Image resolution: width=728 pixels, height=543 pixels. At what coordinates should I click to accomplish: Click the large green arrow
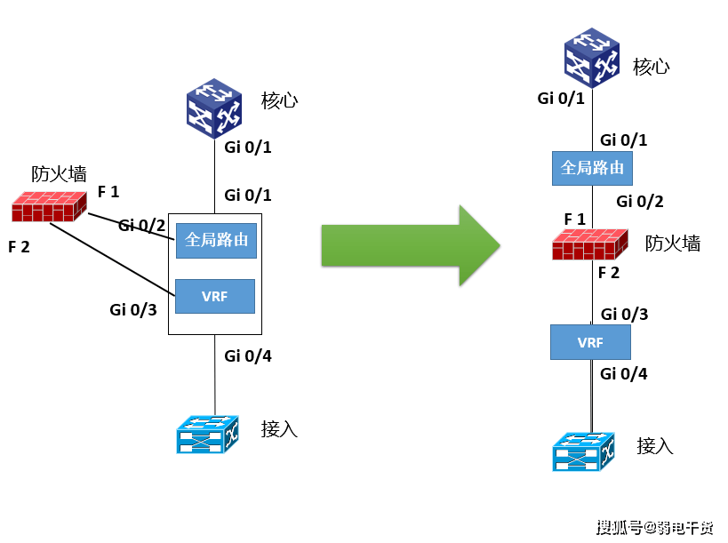click(x=411, y=245)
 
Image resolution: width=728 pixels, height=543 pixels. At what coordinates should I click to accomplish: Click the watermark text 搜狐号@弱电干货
click(x=654, y=527)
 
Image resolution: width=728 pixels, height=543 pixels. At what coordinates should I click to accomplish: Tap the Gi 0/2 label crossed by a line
click(x=141, y=226)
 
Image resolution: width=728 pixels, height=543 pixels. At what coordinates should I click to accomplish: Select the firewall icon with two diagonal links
click(x=49, y=206)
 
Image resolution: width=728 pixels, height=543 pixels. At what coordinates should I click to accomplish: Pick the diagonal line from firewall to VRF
click(x=112, y=260)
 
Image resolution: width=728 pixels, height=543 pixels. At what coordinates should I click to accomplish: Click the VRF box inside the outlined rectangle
click(x=215, y=296)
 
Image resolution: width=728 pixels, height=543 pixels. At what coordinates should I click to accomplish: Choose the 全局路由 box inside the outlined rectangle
click(x=216, y=241)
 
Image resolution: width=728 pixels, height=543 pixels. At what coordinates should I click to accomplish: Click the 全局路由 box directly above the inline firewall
click(x=592, y=168)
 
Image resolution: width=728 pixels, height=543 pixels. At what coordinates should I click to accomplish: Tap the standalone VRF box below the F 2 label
click(x=590, y=342)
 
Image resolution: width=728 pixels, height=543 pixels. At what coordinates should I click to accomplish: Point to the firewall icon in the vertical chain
click(x=590, y=244)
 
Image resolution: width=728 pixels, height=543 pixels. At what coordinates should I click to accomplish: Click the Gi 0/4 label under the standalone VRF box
click(x=623, y=373)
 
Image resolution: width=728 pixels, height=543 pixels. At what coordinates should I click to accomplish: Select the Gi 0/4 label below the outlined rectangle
click(x=248, y=356)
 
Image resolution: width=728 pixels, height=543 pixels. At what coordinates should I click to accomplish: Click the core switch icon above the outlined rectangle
click(x=214, y=108)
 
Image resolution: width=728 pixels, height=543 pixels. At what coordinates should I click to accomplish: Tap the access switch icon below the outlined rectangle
click(x=207, y=435)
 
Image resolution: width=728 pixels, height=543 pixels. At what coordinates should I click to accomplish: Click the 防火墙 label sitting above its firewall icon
click(x=59, y=174)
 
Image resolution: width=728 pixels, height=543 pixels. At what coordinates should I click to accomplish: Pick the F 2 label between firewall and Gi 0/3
click(x=609, y=273)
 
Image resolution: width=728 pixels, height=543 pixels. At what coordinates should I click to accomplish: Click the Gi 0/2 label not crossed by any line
click(x=640, y=202)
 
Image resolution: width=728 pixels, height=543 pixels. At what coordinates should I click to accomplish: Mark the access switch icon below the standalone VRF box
click(x=584, y=451)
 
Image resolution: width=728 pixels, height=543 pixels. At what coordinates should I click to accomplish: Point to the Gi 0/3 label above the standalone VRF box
click(x=625, y=315)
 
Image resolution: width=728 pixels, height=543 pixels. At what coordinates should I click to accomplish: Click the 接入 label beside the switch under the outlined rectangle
click(x=279, y=429)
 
